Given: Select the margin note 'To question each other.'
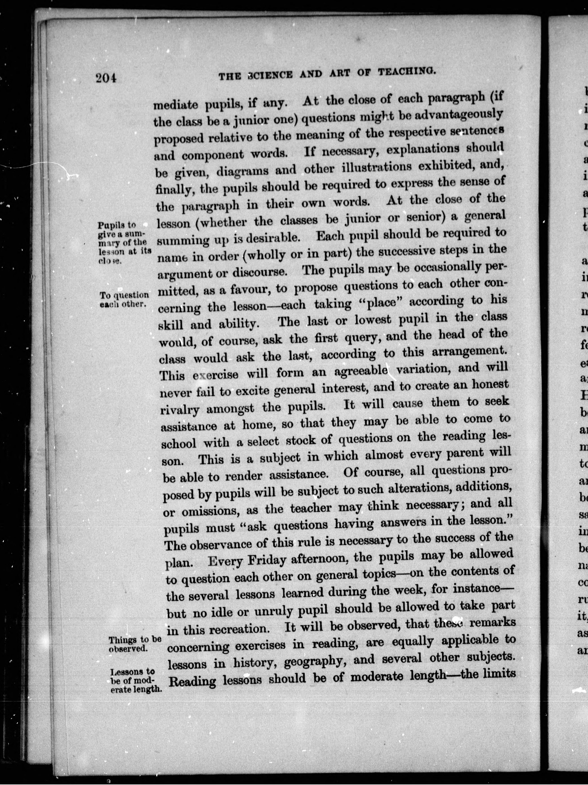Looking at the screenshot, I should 124,300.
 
